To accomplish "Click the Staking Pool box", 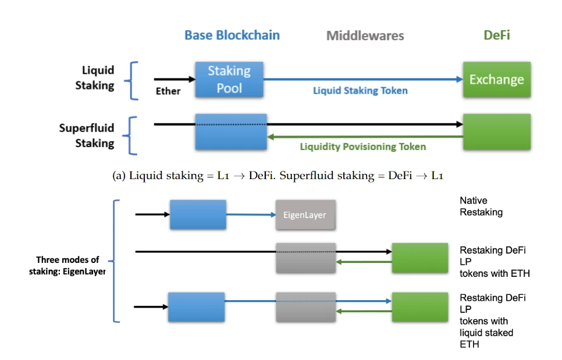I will tap(229, 80).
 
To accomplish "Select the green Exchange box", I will tap(496, 80).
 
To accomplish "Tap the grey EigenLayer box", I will tap(305, 215).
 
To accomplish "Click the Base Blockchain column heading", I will tap(232, 35).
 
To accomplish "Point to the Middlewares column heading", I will tap(365, 36).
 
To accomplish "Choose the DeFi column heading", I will tap(496, 35).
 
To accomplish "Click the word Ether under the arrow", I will tap(168, 91).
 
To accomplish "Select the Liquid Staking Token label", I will tap(360, 91).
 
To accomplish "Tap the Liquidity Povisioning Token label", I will tap(362, 147).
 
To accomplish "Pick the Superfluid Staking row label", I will tap(86, 135).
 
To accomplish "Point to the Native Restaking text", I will tap(481, 206).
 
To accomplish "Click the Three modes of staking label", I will tap(67, 265).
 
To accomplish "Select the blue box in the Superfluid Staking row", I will tap(231, 131).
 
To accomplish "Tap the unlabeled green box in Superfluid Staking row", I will tap(496, 131).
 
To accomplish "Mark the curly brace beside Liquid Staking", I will tap(133, 80).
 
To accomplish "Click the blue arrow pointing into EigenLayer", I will tap(251, 215).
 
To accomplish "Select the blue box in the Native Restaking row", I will tap(198, 215).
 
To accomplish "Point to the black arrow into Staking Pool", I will tap(175, 79).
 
